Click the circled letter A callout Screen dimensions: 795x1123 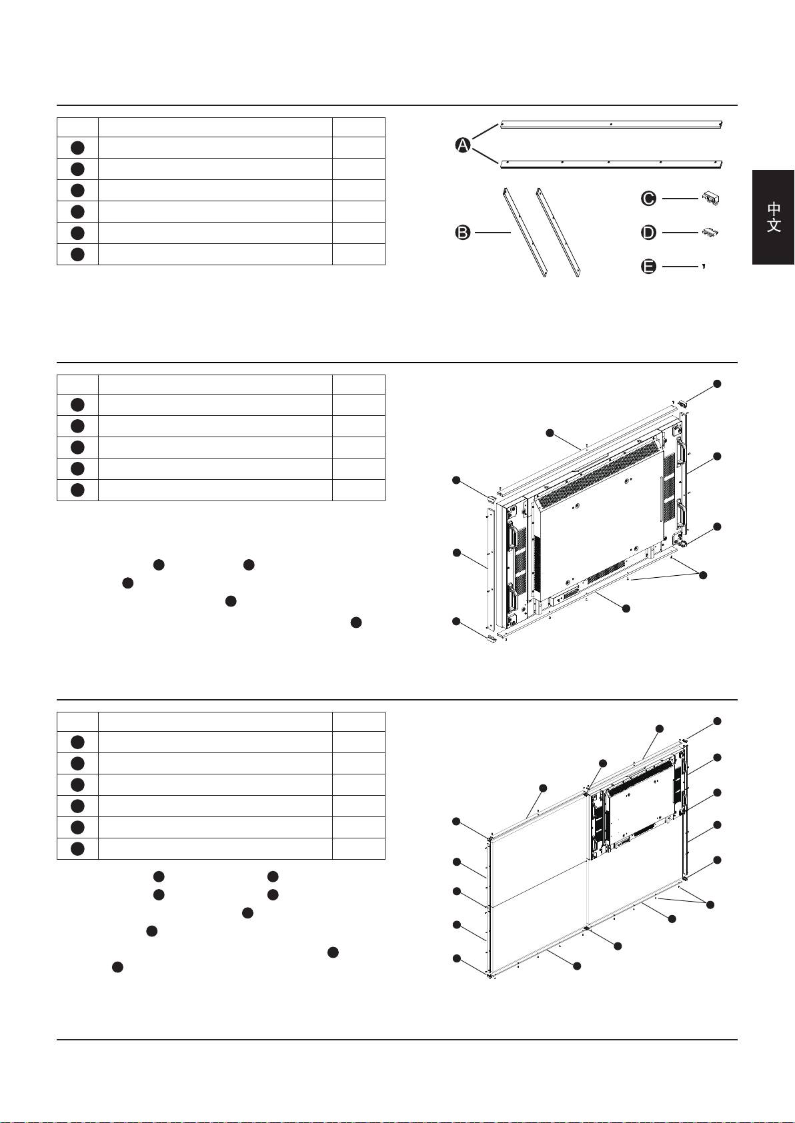coord(462,145)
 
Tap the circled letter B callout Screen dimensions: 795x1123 coord(462,233)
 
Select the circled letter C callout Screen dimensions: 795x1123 coord(648,199)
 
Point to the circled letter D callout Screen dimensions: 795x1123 coord(648,233)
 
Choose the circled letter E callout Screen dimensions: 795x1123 coord(648,266)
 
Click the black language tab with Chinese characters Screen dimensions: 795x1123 coord(773,217)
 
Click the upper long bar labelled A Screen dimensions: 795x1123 coord(611,125)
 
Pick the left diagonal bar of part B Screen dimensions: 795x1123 coord(524,233)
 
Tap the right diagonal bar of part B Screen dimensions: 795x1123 coord(558,233)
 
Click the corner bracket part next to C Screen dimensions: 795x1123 coord(710,199)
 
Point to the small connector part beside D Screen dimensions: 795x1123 coord(710,232)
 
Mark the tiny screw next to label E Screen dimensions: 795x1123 coord(704,266)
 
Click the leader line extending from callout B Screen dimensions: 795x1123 coord(493,233)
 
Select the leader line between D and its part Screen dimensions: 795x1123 coord(680,233)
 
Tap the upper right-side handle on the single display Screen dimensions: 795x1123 coord(681,452)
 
